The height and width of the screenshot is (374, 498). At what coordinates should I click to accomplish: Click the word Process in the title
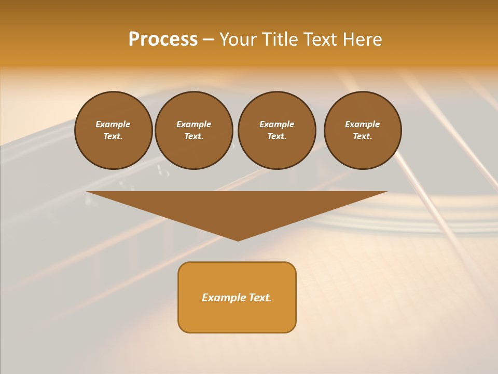(163, 39)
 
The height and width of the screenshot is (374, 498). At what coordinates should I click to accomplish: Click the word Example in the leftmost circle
(113, 124)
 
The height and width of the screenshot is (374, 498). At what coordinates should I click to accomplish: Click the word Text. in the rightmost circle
(362, 137)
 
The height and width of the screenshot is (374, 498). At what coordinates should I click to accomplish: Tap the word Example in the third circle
(276, 124)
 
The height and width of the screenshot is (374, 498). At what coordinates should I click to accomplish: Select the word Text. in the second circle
(193, 137)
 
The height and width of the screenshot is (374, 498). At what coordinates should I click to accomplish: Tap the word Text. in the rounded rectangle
(260, 298)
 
